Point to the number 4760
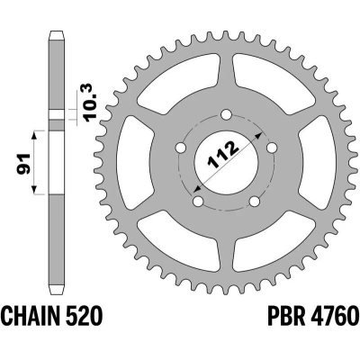[333, 316]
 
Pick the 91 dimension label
[23, 164]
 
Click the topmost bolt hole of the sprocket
[226, 115]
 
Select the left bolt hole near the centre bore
[181, 148]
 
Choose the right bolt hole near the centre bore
[272, 148]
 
